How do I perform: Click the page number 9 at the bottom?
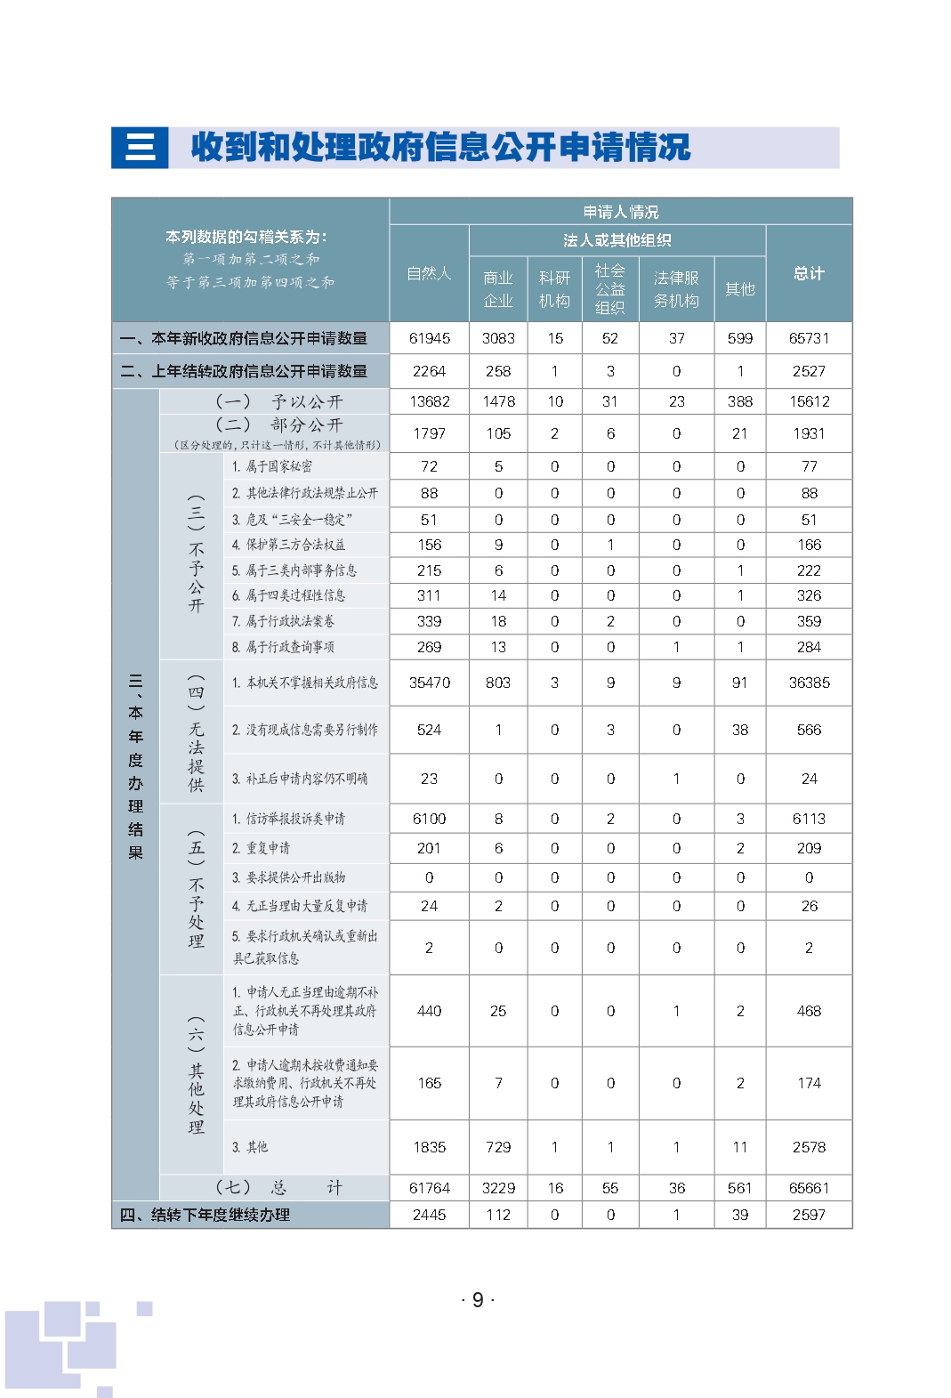(x=478, y=1300)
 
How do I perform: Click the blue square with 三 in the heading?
(x=140, y=148)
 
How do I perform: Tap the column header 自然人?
(x=429, y=273)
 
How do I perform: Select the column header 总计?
(x=809, y=273)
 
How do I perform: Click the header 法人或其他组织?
(x=617, y=240)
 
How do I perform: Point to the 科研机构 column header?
(x=554, y=289)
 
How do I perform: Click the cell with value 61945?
(x=430, y=338)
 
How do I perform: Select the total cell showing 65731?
(x=809, y=338)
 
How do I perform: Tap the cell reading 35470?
(x=430, y=683)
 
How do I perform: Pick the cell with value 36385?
(x=809, y=683)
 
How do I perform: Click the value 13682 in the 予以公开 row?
(x=430, y=401)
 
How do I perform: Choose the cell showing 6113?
(x=809, y=819)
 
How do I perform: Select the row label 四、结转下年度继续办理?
(x=206, y=1215)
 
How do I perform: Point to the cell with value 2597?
(x=809, y=1215)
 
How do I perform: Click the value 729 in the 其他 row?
(x=498, y=1147)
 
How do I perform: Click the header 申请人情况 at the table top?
(x=621, y=212)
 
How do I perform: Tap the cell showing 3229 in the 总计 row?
(x=498, y=1188)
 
